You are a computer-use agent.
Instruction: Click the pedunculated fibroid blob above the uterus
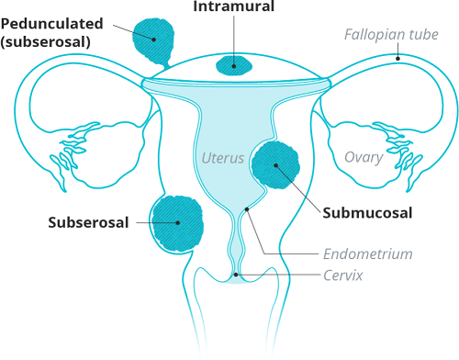tap(154, 38)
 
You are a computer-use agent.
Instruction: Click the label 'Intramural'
tap(233, 8)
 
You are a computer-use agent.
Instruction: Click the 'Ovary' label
tap(363, 157)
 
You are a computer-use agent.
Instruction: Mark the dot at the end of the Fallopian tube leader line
tap(397, 58)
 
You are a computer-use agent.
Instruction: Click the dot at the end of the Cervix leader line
tap(238, 274)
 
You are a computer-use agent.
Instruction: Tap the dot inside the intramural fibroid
tap(233, 64)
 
